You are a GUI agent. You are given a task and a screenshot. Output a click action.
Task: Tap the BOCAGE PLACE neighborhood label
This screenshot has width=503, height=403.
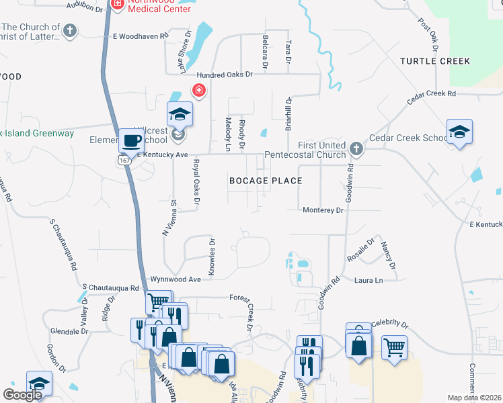coord(266,181)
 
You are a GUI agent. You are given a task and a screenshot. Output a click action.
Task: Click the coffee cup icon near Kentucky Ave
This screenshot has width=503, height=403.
coord(131,142)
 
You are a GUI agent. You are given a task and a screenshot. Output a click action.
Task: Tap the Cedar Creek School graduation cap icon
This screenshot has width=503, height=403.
coord(459,131)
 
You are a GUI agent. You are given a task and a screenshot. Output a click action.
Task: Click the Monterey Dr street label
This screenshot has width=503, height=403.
coord(323,210)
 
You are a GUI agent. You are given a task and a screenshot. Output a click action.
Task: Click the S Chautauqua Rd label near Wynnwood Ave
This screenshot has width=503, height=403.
coord(110,287)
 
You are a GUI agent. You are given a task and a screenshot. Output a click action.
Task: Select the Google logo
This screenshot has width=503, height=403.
coord(22,394)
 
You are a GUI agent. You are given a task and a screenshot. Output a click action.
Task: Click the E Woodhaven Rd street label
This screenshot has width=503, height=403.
coord(140,35)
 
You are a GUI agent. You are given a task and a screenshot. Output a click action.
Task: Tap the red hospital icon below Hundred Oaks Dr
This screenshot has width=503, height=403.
coord(199,90)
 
